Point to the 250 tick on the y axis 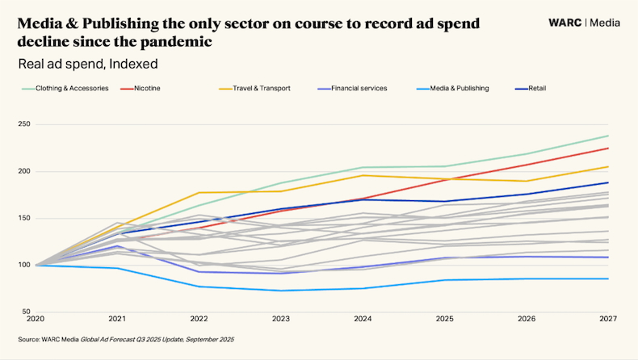tap(24, 124)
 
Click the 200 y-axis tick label tap(24, 171)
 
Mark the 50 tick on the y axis tap(27, 312)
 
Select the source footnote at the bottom tap(126, 340)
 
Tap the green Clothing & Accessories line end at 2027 tap(607, 136)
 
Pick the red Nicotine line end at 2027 tap(607, 148)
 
